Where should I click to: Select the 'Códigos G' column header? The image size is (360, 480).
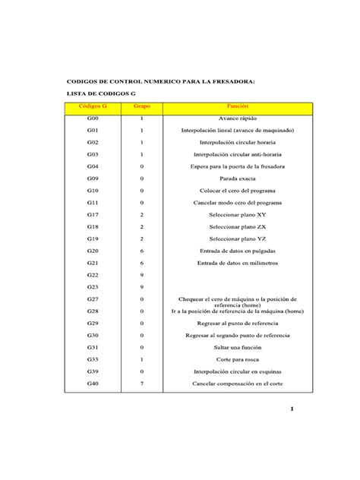coord(93,107)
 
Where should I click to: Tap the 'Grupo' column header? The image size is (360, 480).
coord(142,107)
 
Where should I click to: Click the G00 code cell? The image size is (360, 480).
coord(93,119)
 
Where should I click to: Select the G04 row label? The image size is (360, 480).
coord(93,166)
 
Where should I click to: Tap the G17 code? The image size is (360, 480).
coord(93,215)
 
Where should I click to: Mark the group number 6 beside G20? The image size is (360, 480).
coord(142,251)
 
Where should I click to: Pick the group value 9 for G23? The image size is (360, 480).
coord(142,287)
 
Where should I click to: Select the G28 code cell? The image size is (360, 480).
coord(93,311)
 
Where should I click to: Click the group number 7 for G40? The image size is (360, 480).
coord(142,384)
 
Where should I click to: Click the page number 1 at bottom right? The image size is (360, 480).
coord(292,410)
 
